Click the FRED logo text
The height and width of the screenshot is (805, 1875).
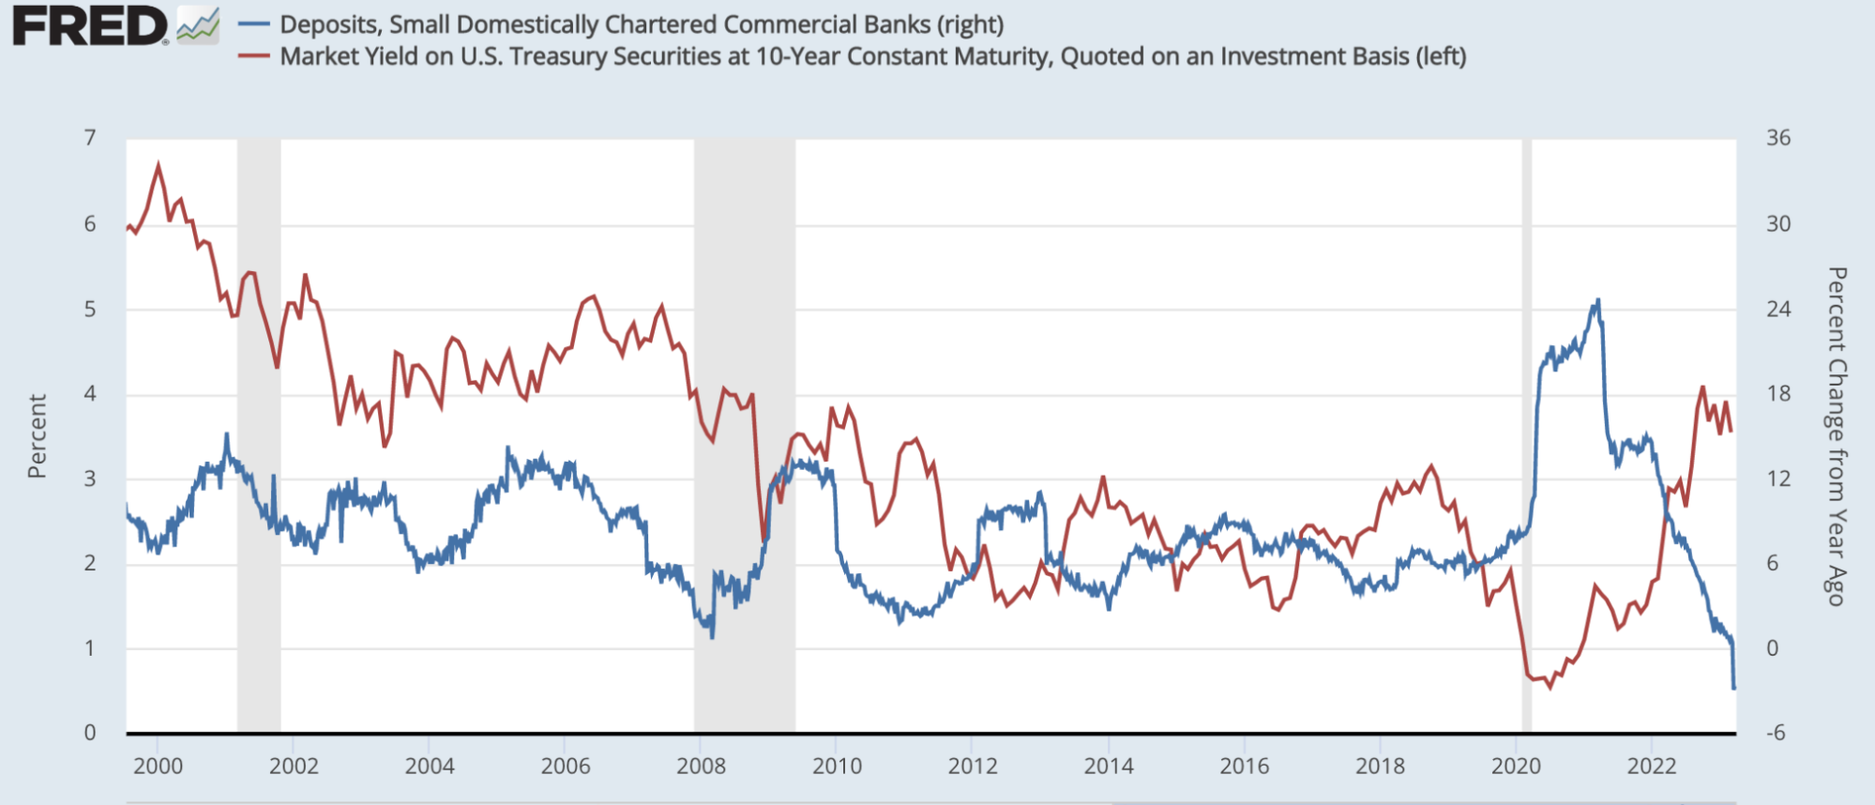click(x=89, y=25)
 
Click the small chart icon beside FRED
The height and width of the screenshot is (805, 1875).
click(x=198, y=25)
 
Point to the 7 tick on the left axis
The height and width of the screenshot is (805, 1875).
click(x=90, y=138)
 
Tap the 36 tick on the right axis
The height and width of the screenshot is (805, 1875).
click(x=1777, y=138)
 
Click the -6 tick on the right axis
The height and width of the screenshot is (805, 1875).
click(x=1776, y=733)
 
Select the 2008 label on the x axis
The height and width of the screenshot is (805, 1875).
click(x=701, y=767)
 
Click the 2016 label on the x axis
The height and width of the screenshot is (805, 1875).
click(x=1244, y=767)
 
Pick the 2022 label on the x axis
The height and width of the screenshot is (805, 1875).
click(x=1651, y=767)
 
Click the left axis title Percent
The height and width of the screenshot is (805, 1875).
click(x=37, y=436)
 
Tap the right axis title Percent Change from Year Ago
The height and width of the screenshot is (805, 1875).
click(x=1836, y=436)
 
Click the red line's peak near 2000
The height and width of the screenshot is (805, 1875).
click(x=158, y=165)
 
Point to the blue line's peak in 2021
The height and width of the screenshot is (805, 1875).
click(x=1597, y=301)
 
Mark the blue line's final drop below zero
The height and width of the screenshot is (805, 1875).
click(x=1733, y=688)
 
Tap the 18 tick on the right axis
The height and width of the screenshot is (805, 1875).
click(x=1777, y=394)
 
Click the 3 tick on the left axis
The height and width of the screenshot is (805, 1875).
click(x=90, y=478)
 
